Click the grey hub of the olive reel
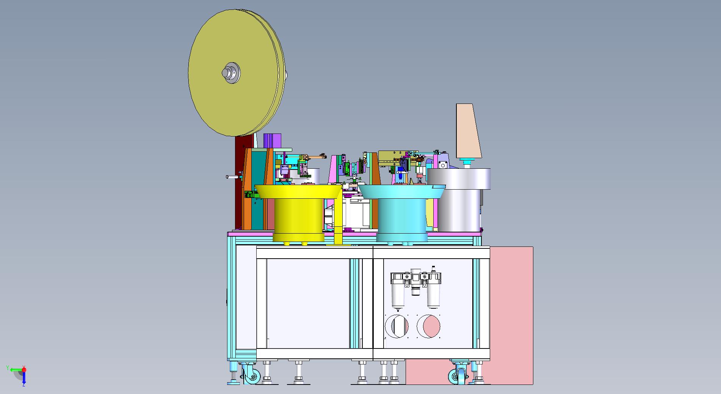(231, 73)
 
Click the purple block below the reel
(272, 141)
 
